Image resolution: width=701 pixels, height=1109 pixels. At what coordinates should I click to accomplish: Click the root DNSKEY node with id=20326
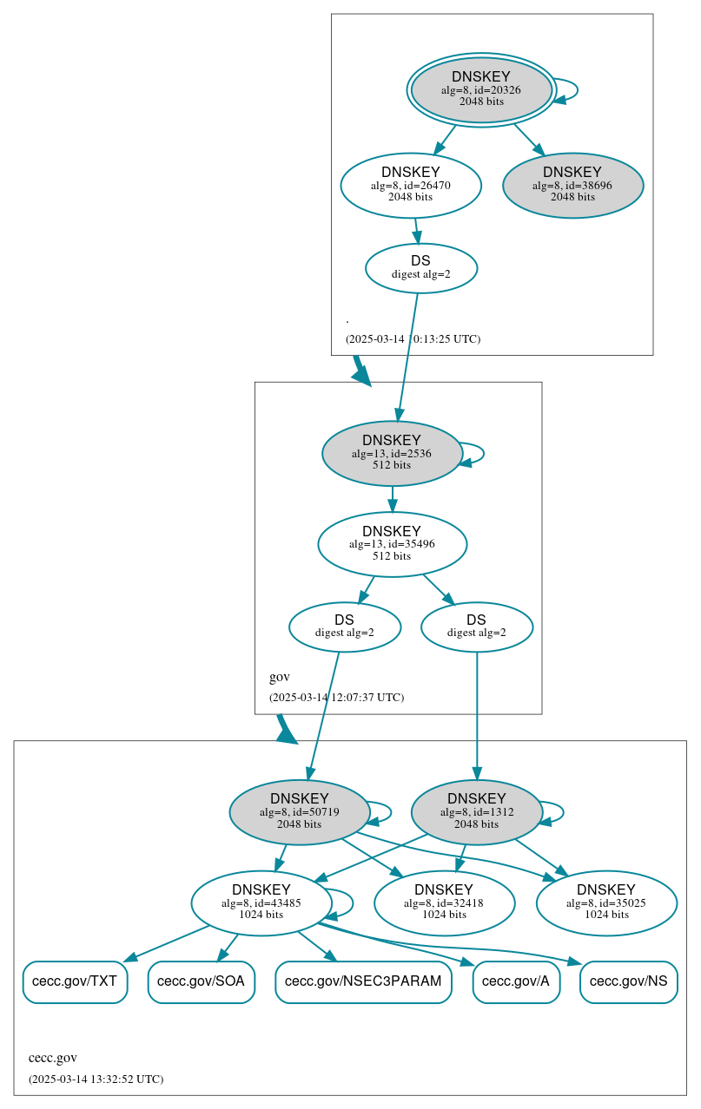point(481,89)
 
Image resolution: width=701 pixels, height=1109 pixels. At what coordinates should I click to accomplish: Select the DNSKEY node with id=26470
point(411,185)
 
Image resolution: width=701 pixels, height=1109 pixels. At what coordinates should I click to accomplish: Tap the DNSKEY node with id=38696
point(572,185)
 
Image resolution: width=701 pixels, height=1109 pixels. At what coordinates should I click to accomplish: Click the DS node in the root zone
point(420,267)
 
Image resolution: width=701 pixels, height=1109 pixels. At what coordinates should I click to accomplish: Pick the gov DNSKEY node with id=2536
point(392,453)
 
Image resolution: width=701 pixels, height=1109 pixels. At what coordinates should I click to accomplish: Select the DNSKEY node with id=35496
point(392,544)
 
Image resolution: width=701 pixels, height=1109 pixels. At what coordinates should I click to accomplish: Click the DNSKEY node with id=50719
point(300,812)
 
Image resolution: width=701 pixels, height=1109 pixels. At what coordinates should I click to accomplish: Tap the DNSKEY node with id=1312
point(476,812)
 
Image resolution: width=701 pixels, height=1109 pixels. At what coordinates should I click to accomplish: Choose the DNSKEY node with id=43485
point(261,903)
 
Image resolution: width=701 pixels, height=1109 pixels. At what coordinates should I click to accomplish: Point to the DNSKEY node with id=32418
point(444,903)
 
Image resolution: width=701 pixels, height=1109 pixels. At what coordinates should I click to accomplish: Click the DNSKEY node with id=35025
point(606,903)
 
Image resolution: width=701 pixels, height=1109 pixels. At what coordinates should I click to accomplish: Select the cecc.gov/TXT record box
point(75,981)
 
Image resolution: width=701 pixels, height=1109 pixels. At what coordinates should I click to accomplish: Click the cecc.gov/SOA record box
point(201,981)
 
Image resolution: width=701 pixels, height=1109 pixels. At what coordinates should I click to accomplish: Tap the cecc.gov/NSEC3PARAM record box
point(363,981)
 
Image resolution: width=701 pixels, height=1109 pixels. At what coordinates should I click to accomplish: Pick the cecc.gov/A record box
point(516,981)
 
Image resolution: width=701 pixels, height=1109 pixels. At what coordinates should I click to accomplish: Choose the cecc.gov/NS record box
point(628,981)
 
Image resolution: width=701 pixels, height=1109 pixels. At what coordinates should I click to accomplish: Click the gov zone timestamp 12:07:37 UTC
point(336,697)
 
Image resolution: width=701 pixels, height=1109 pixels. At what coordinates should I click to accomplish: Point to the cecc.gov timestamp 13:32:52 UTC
point(96,1079)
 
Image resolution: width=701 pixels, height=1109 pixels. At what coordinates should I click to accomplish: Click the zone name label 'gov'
point(279,677)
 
